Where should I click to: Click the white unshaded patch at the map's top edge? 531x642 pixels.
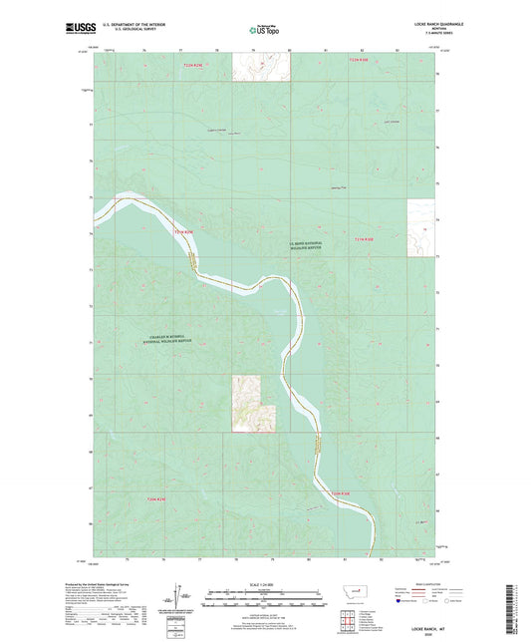pyautogui.click(x=261, y=66)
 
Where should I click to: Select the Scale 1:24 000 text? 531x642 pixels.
pyautogui.click(x=265, y=585)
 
